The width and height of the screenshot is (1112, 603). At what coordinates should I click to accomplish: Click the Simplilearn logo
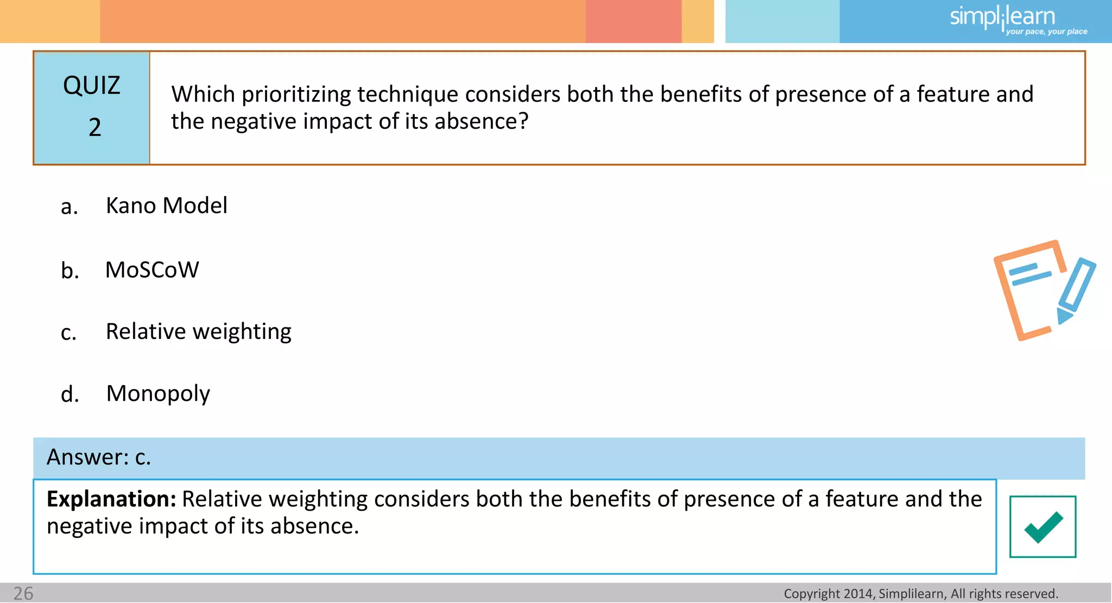(x=1002, y=17)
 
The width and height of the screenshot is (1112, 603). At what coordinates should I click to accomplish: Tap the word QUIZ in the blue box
(x=91, y=86)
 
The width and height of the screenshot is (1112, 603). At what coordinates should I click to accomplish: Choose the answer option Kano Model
(x=166, y=206)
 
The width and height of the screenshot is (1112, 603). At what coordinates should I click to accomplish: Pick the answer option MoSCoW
(x=152, y=270)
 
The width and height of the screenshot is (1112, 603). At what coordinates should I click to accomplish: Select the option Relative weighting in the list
(x=198, y=332)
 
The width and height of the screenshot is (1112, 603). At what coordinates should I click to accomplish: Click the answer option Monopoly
(x=158, y=394)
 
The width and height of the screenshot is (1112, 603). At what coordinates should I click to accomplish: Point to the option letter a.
(x=69, y=207)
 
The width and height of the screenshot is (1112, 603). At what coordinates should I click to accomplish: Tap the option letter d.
(x=69, y=394)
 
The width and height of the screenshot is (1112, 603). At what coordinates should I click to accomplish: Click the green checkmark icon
(x=1042, y=526)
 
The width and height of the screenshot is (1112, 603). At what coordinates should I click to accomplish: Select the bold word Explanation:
(x=111, y=499)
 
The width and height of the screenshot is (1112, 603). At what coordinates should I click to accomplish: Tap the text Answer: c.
(x=99, y=457)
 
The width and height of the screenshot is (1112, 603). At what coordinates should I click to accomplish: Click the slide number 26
(x=23, y=593)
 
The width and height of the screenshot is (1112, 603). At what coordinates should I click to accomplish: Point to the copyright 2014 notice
(x=921, y=594)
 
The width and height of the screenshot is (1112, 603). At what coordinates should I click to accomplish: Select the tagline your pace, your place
(x=1046, y=32)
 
